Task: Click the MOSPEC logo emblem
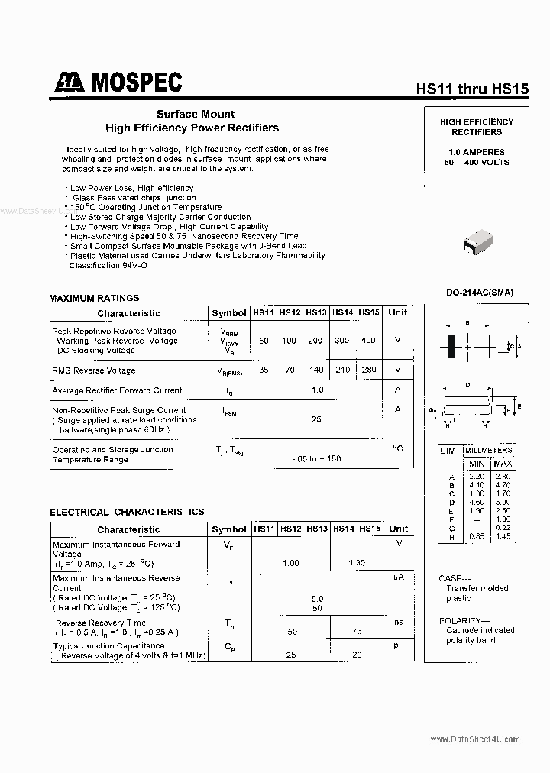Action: (x=71, y=82)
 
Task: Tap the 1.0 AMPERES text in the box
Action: (x=476, y=153)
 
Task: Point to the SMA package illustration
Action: (x=479, y=241)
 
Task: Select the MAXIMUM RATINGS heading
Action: (x=94, y=298)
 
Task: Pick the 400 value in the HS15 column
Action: (x=368, y=341)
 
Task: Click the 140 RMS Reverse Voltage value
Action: (x=315, y=370)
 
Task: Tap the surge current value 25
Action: (x=317, y=419)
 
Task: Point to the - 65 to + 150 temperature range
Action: (x=316, y=458)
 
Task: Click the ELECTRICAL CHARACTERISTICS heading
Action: (x=127, y=512)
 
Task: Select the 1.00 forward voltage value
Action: (x=290, y=563)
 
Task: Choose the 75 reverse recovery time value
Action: (x=357, y=632)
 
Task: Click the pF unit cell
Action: (x=398, y=646)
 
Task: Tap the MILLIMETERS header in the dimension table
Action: (x=489, y=451)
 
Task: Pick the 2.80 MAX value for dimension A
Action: (x=503, y=476)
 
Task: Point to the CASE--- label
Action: (x=456, y=578)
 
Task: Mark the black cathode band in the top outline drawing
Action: (x=451, y=345)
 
